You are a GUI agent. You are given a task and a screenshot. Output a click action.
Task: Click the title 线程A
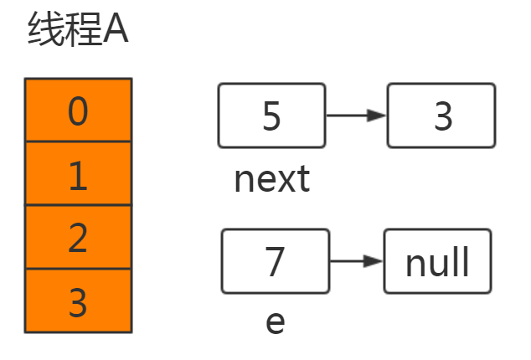point(78,33)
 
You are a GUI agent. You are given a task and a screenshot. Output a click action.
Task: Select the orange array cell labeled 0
point(78,111)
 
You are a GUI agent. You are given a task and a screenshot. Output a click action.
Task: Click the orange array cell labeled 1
point(78,174)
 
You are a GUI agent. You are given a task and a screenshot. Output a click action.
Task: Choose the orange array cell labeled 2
point(78,238)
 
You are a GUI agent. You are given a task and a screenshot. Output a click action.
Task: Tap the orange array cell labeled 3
point(78,301)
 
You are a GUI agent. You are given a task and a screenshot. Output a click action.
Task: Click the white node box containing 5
point(271,116)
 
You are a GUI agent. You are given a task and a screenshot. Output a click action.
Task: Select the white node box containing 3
point(441,116)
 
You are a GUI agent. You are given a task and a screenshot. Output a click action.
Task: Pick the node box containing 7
point(276,261)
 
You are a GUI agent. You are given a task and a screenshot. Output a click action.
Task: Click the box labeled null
point(437,261)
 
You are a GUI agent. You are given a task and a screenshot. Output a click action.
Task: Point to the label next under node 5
point(272,178)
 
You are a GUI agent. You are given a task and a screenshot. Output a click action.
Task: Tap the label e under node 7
point(275,321)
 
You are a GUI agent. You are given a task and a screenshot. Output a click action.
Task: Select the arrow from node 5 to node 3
point(355,116)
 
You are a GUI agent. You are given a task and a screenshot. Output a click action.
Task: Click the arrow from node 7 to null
point(356,261)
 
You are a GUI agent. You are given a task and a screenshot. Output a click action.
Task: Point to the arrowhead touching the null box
point(374,261)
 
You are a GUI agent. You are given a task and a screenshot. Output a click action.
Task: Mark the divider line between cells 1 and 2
point(78,206)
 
